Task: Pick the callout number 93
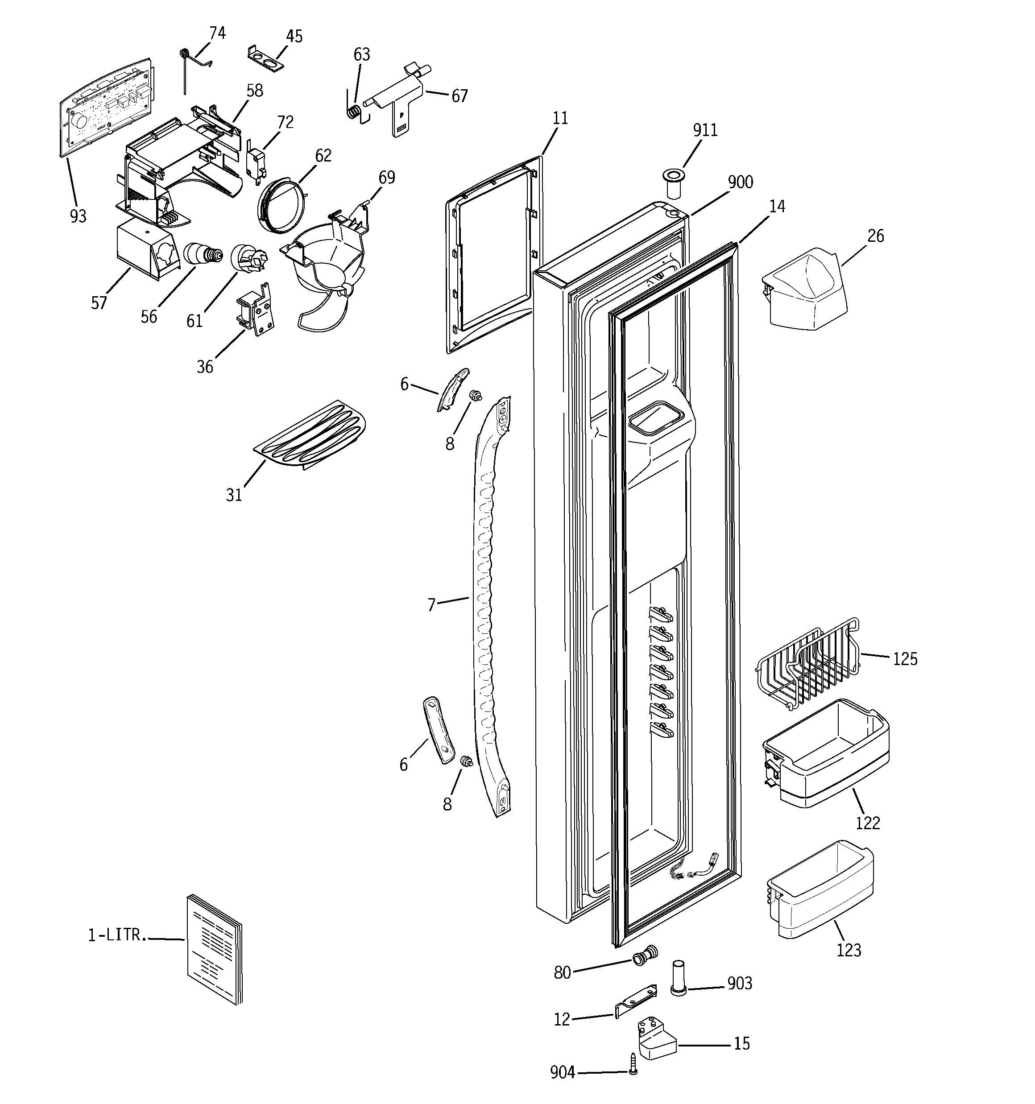pyautogui.click(x=79, y=216)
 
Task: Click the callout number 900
pyautogui.click(x=740, y=182)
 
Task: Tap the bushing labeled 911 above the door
pyautogui.click(x=673, y=183)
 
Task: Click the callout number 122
pyautogui.click(x=867, y=823)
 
